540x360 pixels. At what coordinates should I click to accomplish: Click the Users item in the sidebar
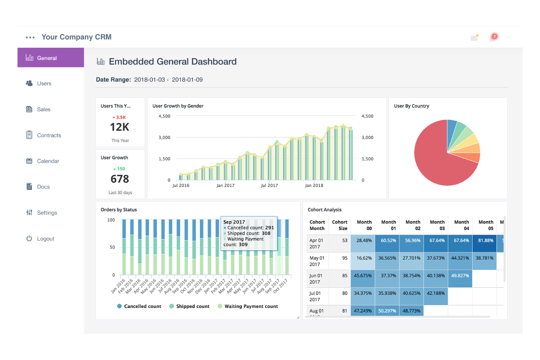pyautogui.click(x=44, y=84)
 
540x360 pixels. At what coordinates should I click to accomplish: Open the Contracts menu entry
pyautogui.click(x=49, y=135)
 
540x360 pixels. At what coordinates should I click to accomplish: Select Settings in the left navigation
pyautogui.click(x=47, y=213)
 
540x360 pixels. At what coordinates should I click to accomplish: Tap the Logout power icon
pyautogui.click(x=29, y=239)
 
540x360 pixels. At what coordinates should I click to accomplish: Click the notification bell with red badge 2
pyautogui.click(x=493, y=37)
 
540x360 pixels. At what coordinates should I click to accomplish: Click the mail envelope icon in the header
pyautogui.click(x=474, y=38)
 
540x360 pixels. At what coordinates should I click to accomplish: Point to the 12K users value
pyautogui.click(x=120, y=127)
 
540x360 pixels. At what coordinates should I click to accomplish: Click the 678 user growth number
pyautogui.click(x=120, y=179)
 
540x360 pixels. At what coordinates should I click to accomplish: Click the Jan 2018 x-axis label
pyautogui.click(x=314, y=186)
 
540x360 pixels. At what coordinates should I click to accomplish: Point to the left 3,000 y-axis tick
pyautogui.click(x=164, y=138)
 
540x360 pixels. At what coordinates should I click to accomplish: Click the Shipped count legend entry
pyautogui.click(x=192, y=306)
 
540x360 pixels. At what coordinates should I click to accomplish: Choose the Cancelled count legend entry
pyautogui.click(x=142, y=306)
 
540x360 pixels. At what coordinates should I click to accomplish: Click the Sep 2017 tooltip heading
pyautogui.click(x=234, y=222)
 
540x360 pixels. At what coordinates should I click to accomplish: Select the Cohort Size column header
pyautogui.click(x=339, y=225)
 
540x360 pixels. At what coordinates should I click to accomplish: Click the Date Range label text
pyautogui.click(x=113, y=80)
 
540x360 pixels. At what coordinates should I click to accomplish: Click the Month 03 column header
pyautogui.click(x=437, y=225)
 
